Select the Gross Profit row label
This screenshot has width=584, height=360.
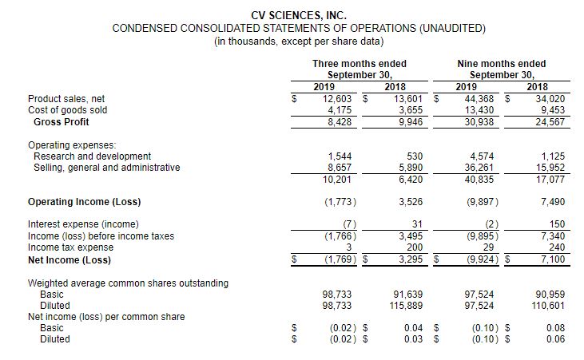tap(62, 121)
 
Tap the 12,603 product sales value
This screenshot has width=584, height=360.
tap(339, 98)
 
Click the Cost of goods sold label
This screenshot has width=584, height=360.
tap(67, 110)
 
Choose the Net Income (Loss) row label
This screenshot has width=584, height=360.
tap(69, 259)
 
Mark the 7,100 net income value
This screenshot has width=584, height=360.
tap(550, 259)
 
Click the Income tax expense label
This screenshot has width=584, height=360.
tap(70, 247)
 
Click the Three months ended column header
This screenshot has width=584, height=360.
tap(359, 63)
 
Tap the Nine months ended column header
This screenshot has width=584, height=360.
tap(501, 63)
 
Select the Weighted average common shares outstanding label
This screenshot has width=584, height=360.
tap(128, 283)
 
